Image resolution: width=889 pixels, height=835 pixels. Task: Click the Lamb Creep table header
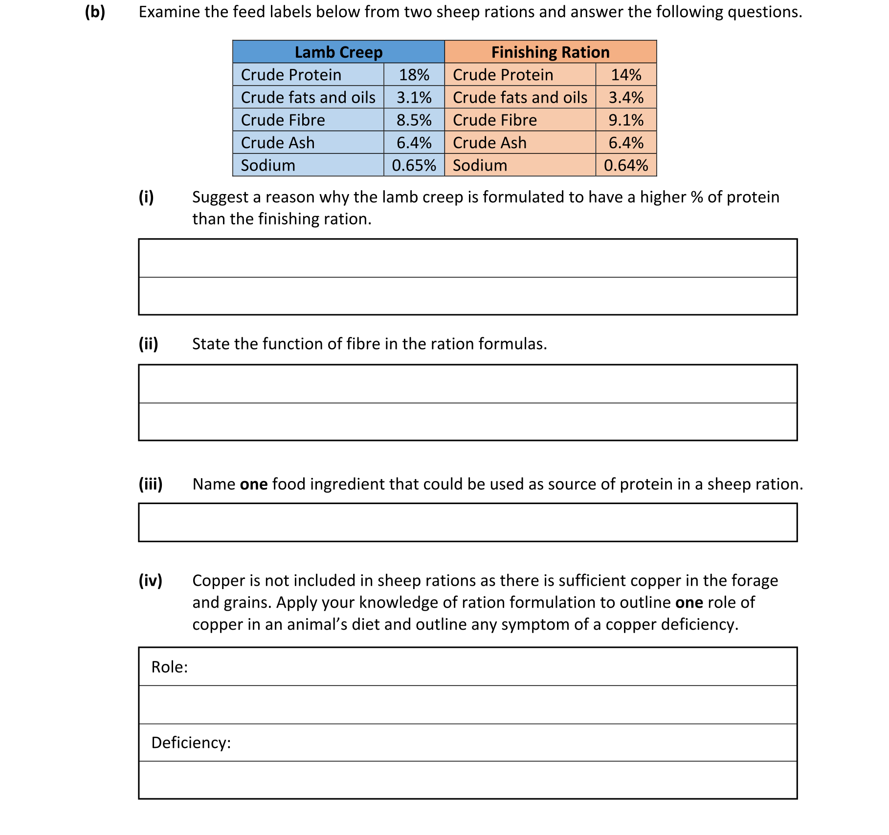tap(338, 52)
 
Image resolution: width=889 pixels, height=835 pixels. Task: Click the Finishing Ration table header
tap(550, 52)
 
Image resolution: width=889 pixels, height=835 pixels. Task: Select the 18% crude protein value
tap(414, 75)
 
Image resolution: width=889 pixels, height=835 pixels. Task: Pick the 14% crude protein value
tap(626, 75)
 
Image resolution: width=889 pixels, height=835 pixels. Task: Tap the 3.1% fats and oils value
tap(414, 97)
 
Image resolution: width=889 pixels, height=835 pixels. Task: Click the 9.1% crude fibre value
tap(626, 120)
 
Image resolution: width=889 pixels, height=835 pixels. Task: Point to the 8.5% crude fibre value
tap(414, 120)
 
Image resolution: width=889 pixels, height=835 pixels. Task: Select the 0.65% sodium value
tap(414, 165)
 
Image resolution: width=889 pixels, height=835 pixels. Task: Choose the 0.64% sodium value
tap(626, 165)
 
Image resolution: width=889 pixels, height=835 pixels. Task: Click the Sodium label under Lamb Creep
tap(268, 165)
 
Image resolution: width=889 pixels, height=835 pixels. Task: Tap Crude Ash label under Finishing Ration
tap(489, 143)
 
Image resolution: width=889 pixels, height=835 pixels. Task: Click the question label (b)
tap(95, 12)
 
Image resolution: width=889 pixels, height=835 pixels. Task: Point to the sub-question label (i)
tap(146, 197)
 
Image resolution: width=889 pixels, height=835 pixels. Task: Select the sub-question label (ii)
tap(148, 344)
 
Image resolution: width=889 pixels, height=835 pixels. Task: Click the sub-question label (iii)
tap(151, 484)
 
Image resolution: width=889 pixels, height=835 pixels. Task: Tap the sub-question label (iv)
tap(150, 580)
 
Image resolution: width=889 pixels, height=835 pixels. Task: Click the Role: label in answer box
tap(169, 667)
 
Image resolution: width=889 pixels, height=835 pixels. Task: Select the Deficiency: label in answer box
tap(191, 743)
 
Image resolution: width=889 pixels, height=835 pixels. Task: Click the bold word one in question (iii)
tap(254, 484)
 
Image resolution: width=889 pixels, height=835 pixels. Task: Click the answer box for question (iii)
tap(467, 522)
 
